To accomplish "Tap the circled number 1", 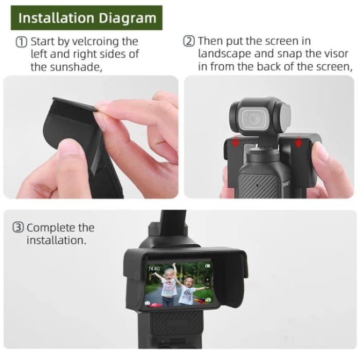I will pyautogui.click(x=22, y=42).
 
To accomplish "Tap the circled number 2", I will pyautogui.click(x=189, y=41).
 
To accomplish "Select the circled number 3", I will pyautogui.click(x=19, y=228).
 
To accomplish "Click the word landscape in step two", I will pyautogui.click(x=223, y=53).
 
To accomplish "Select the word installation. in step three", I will pyautogui.click(x=56, y=240).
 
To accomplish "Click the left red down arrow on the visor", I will pyautogui.click(x=236, y=142).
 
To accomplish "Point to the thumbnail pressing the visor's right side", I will pyautogui.click(x=320, y=151).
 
